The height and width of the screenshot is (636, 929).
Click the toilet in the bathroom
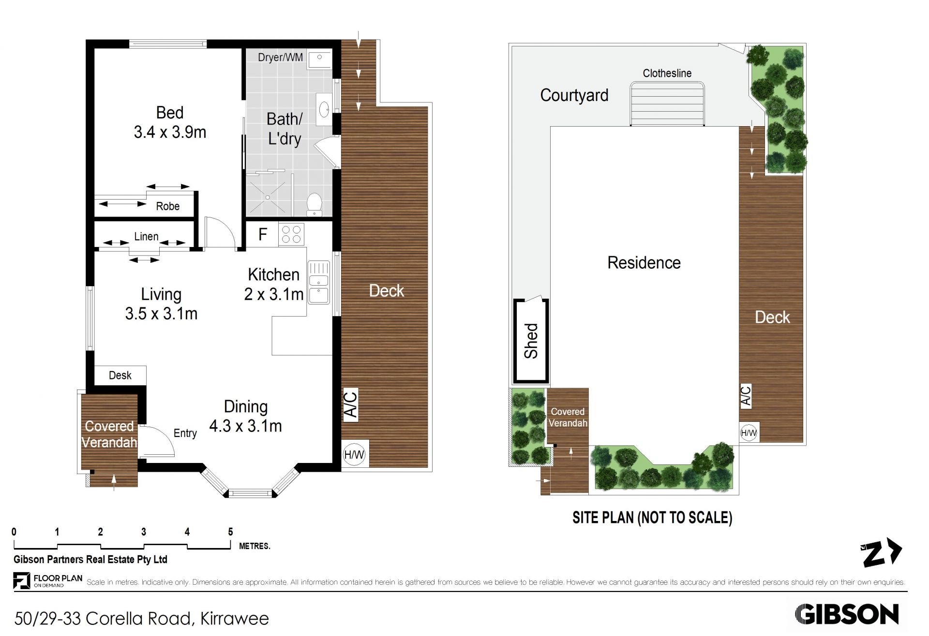tap(315, 204)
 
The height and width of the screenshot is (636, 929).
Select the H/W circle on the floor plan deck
tap(354, 454)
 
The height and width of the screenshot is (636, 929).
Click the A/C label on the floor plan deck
tap(351, 405)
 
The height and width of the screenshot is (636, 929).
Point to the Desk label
tap(120, 376)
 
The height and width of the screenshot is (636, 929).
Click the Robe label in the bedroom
tap(168, 206)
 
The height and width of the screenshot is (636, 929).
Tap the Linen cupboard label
tap(146, 236)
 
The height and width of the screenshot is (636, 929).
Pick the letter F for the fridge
tap(263, 235)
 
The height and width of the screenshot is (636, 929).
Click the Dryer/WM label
tap(280, 58)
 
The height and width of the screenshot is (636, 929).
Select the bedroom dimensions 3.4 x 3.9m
tap(170, 132)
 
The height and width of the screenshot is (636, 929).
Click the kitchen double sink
tap(318, 283)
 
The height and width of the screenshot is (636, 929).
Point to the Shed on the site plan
tap(531, 341)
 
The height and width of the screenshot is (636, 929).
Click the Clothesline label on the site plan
tap(667, 73)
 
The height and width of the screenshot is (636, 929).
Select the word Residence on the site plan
tap(644, 263)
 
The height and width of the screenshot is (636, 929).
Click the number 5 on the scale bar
tap(230, 532)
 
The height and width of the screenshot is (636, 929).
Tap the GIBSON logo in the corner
tap(847, 615)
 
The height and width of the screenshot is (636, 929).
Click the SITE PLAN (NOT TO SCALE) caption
tap(652, 518)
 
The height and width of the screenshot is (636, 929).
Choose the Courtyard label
tap(574, 96)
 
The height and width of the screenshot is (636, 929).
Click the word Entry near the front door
tap(185, 434)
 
